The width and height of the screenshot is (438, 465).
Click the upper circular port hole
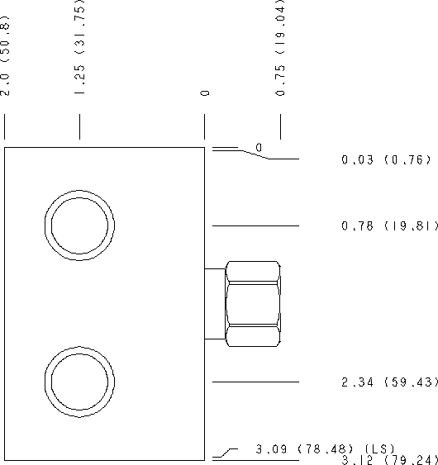80,191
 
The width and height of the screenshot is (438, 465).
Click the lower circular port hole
80,347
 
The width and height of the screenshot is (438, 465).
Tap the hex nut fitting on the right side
253,304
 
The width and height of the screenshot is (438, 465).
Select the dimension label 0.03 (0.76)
386,160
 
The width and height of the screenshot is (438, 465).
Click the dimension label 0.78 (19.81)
389,226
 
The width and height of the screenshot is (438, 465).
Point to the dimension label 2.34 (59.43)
389,382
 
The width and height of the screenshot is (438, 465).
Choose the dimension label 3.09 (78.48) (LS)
326,448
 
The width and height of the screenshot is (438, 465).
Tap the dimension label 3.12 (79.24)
389,460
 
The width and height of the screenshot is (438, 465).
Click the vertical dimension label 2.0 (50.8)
5,55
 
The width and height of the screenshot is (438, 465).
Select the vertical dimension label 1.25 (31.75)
80,46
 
